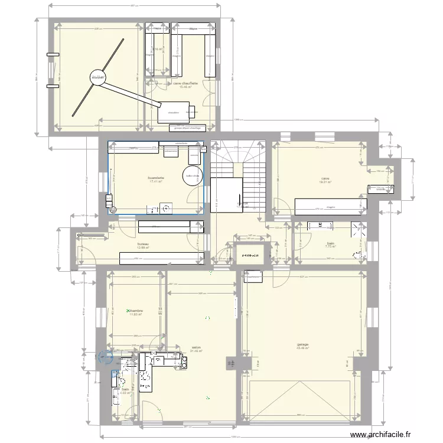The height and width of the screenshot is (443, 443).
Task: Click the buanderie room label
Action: coord(157,177)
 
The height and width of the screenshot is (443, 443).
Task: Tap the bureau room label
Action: coord(142,244)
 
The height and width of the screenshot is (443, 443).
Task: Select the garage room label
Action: coord(304,345)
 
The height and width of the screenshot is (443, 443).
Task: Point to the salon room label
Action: coord(196,347)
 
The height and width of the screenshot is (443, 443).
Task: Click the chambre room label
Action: coord(136,311)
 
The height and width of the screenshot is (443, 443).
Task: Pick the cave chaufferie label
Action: coord(185,83)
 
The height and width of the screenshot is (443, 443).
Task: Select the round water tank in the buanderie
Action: coord(192,175)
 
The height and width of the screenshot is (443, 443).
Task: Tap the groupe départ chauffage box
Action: coord(187,127)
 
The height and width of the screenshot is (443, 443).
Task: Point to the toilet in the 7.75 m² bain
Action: coord(356,256)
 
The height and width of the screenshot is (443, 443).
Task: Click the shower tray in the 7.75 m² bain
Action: coord(356,229)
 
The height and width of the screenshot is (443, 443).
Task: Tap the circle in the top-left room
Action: coord(97,77)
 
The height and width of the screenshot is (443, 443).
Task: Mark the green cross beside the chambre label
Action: coord(128,310)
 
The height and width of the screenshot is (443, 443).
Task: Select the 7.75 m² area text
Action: coord(330,246)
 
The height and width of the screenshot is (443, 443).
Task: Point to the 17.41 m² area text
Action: coord(156,181)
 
